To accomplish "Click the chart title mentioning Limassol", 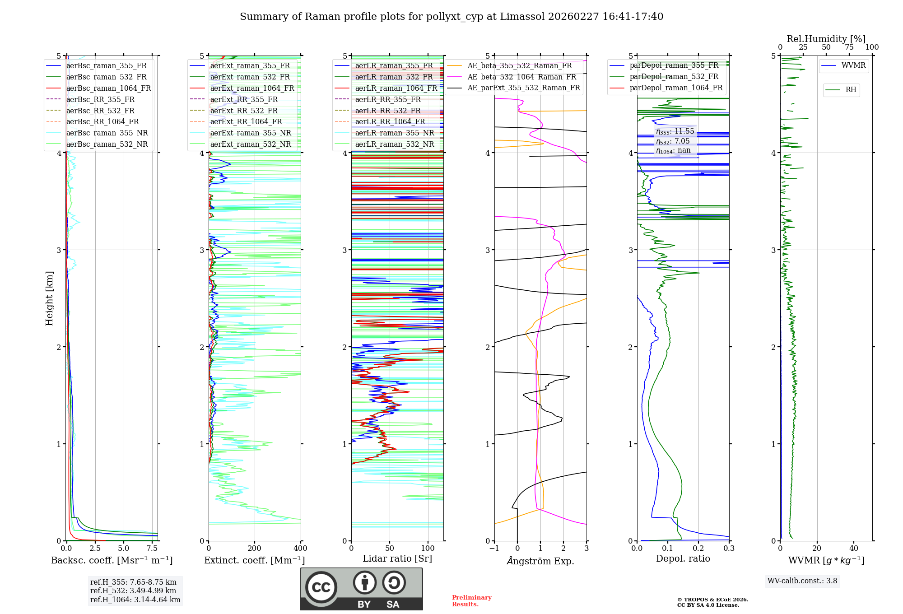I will [x=451, y=17].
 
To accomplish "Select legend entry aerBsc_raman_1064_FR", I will [x=108, y=88].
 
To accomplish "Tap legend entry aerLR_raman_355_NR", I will [x=394, y=133].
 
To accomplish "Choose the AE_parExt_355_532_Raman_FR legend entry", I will [x=524, y=88].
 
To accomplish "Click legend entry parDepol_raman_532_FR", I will [x=674, y=76].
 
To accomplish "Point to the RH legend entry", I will [x=851, y=90].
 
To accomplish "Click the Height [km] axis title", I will [x=49, y=298].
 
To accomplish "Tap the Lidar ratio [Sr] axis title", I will [x=397, y=558].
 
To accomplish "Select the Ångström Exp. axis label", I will [x=540, y=561].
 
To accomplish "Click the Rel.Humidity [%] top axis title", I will [x=826, y=39].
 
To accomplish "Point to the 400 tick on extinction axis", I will [x=300, y=548].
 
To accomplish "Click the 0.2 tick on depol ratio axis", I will [x=698, y=548].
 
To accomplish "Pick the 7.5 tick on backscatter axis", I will [x=152, y=548].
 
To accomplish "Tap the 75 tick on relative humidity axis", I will [x=849, y=47].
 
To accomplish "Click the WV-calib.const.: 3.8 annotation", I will [x=802, y=581].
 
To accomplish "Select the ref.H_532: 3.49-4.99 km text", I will [x=133, y=591].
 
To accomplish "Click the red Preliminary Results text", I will [x=471, y=600].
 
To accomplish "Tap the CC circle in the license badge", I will [x=321, y=587].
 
